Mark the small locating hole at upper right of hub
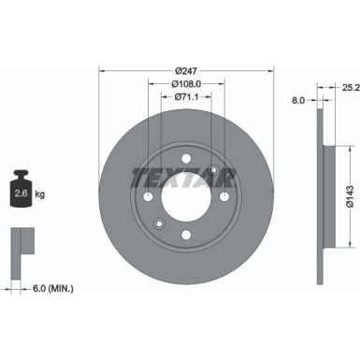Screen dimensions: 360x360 (213, 170)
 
